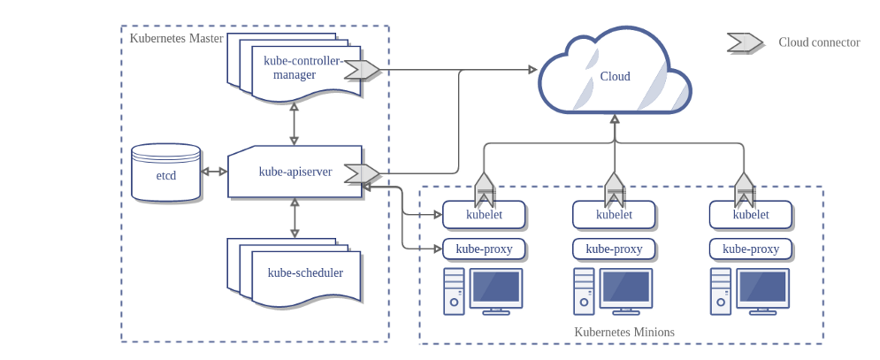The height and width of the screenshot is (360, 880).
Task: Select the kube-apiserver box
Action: point(295,172)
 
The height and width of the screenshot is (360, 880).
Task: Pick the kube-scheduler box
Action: point(304,273)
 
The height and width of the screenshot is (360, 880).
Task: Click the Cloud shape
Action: point(615,75)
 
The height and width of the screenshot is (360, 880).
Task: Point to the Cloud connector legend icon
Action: point(745,42)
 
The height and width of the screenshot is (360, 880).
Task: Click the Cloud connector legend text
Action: point(819,42)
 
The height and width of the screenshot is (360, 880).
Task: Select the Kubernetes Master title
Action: point(176,38)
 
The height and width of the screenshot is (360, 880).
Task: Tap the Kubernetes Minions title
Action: point(624,333)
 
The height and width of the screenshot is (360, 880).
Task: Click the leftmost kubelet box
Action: point(484,214)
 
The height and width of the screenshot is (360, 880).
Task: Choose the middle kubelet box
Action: point(614,214)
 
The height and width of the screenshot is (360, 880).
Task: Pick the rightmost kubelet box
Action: point(751,214)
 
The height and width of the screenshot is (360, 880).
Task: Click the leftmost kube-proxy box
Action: point(484,249)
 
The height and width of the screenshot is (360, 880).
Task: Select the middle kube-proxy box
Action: point(614,249)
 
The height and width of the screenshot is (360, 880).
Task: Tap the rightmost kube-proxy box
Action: point(751,249)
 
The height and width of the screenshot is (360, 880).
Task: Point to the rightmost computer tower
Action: point(721,291)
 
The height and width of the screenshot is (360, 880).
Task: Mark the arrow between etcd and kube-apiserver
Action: point(214,172)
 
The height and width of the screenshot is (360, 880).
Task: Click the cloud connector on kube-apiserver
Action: point(362,173)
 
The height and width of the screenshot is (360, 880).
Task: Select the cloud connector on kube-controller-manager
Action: point(362,69)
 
